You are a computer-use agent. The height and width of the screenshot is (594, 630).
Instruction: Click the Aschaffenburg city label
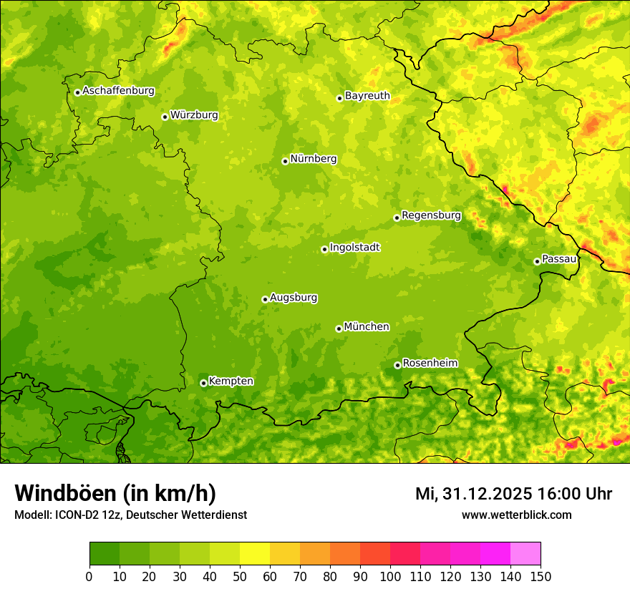pyautogui.click(x=118, y=91)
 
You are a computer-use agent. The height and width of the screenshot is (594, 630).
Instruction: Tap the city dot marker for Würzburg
pyautogui.click(x=165, y=117)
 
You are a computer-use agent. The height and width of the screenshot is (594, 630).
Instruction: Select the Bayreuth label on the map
pyautogui.click(x=367, y=96)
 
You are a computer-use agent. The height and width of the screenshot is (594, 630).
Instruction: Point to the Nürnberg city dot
pyautogui.click(x=285, y=161)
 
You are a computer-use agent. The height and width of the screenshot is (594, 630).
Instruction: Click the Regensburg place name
pyautogui.click(x=431, y=215)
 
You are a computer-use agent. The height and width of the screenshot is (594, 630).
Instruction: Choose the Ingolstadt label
pyautogui.click(x=354, y=248)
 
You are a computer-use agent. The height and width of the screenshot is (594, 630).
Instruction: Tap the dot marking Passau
pyautogui.click(x=537, y=261)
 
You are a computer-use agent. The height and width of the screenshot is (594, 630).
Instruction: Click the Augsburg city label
pyautogui.click(x=294, y=298)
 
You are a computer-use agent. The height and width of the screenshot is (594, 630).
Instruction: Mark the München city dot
pyautogui.click(x=339, y=328)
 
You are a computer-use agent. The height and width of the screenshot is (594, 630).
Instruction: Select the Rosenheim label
pyautogui.click(x=430, y=364)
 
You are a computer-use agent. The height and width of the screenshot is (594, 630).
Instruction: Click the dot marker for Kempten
pyautogui.click(x=203, y=383)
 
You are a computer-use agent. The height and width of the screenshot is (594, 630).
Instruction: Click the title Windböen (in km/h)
pyautogui.click(x=115, y=494)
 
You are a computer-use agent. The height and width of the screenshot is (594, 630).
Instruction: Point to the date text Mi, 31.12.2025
pyautogui.click(x=473, y=494)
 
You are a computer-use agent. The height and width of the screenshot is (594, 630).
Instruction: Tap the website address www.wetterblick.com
pyautogui.click(x=516, y=515)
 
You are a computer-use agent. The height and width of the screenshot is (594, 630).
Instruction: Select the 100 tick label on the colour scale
pyautogui.click(x=390, y=576)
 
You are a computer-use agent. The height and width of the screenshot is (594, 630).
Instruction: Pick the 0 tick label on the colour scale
pyautogui.click(x=89, y=576)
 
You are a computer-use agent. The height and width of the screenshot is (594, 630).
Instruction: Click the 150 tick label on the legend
pyautogui.click(x=541, y=576)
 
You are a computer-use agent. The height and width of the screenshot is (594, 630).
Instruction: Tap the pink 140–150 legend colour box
pyautogui.click(x=525, y=554)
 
